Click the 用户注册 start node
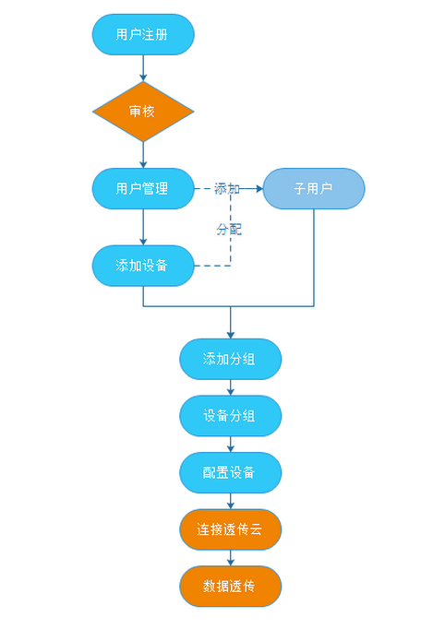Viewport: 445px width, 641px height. click(143, 34)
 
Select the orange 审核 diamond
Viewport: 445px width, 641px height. click(143, 112)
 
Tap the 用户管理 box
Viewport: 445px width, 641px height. click(143, 188)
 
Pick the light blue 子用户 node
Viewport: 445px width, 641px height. click(314, 188)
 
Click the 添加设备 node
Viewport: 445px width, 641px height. click(143, 266)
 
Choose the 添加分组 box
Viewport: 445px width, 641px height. click(231, 359)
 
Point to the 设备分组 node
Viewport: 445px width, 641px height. click(231, 416)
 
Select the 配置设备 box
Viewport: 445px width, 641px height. click(231, 472)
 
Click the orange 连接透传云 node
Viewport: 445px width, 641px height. click(231, 529)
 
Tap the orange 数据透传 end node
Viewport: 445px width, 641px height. click(231, 587)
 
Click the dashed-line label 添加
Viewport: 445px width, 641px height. click(227, 188)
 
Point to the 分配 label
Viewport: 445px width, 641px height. click(229, 230)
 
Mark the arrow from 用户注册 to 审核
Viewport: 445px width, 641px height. click(143, 68)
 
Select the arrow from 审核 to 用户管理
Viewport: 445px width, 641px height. click(143, 155)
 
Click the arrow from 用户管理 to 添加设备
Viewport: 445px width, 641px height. click(143, 227)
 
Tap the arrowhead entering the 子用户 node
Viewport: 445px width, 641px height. click(259, 188)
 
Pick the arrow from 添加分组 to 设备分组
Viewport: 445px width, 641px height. click(231, 387)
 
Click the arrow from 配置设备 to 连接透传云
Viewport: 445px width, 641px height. click(231, 501)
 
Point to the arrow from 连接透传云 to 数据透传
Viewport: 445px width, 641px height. click(231, 558)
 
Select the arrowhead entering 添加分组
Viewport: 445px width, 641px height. click(231, 335)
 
